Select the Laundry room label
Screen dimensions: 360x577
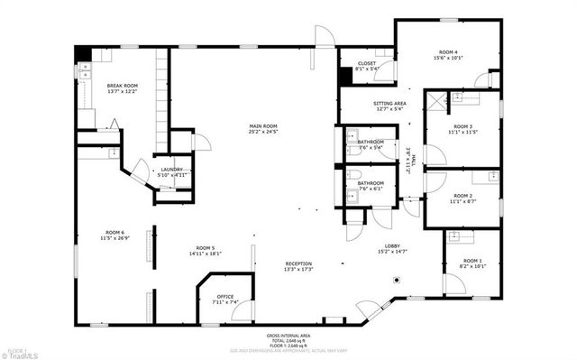[171, 171]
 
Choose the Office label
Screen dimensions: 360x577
[225, 299]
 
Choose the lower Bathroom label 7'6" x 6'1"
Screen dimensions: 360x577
[371, 186]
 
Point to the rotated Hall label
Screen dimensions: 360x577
[408, 162]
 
